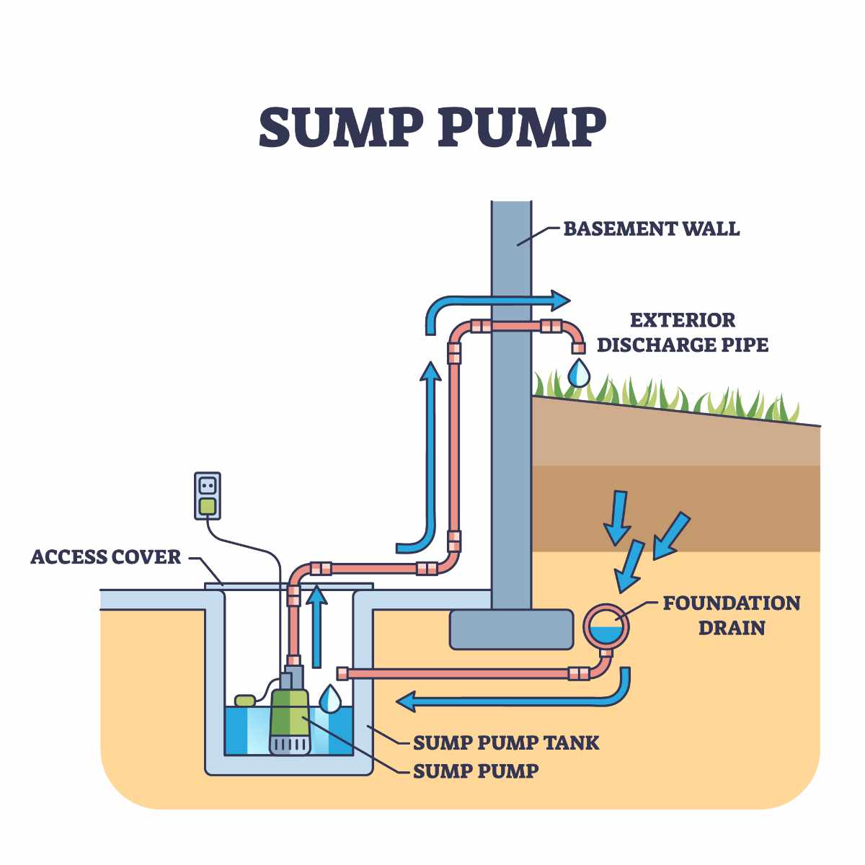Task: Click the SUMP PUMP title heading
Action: pos(432,128)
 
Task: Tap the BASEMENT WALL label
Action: pos(651,229)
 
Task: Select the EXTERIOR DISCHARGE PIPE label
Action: pos(682,332)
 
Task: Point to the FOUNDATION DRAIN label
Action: pos(731,615)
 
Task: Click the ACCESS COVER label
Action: pos(106,557)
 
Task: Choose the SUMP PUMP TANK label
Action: pos(505,742)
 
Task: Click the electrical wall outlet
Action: pos(208,495)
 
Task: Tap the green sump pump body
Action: pos(290,717)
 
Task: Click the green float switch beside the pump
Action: pos(246,699)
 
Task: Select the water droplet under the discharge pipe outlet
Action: pos(578,373)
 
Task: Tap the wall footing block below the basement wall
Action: pos(512,629)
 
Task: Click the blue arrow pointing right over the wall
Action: pos(497,301)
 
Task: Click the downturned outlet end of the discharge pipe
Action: pos(577,347)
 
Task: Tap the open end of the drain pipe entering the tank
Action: pos(342,674)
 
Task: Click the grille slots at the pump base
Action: pos(290,744)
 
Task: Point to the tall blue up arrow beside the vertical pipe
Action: pos(430,447)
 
